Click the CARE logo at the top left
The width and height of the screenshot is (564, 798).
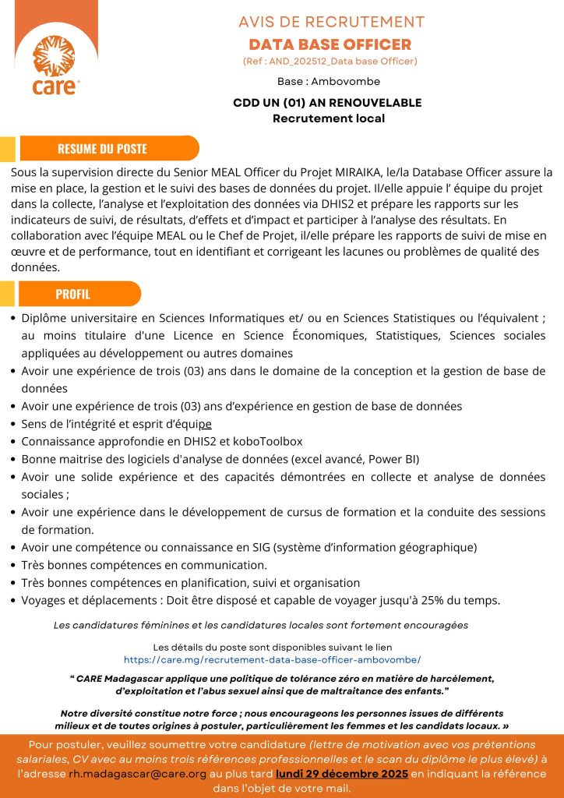[x=55, y=62]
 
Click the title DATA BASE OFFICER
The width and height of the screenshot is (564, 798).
[x=330, y=44]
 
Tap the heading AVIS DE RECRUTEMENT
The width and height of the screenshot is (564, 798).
[x=331, y=22]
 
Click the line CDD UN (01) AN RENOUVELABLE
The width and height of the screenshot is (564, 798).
[x=327, y=103]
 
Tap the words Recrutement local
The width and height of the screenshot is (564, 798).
[x=328, y=118]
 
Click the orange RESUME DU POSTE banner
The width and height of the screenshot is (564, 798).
[x=102, y=148]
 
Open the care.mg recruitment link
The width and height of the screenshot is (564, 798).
[x=273, y=659]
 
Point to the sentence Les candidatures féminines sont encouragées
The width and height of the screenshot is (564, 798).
[x=260, y=625]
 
